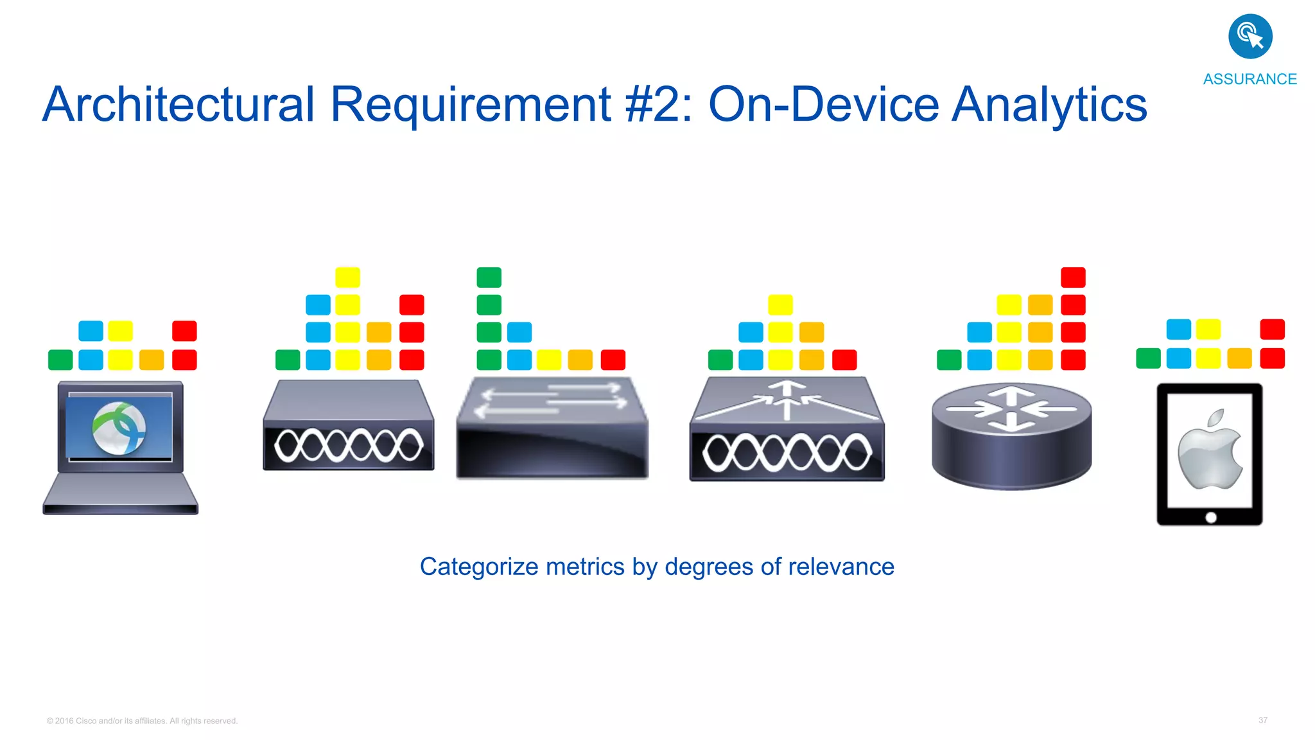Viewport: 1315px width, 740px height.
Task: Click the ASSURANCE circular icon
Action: (x=1250, y=37)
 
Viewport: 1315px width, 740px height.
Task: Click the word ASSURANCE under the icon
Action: (x=1250, y=79)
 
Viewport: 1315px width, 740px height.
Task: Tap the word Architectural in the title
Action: (x=179, y=105)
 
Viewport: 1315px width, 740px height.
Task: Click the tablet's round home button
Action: (x=1211, y=517)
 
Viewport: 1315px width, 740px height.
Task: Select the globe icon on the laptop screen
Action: (x=119, y=428)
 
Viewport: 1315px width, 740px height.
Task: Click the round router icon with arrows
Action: (x=1011, y=436)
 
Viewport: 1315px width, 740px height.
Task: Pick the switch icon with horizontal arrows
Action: (x=552, y=427)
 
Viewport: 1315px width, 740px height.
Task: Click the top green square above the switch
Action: (x=489, y=277)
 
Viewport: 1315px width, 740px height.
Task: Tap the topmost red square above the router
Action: (x=1073, y=277)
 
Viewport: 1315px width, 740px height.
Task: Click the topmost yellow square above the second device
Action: (x=347, y=277)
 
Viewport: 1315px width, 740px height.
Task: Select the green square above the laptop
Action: (x=60, y=360)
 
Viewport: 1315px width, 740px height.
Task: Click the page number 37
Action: (x=1262, y=720)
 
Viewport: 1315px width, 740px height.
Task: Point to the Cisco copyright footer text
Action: (x=142, y=721)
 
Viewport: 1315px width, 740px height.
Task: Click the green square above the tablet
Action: (x=1148, y=358)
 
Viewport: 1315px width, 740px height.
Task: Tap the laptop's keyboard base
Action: (x=121, y=493)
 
